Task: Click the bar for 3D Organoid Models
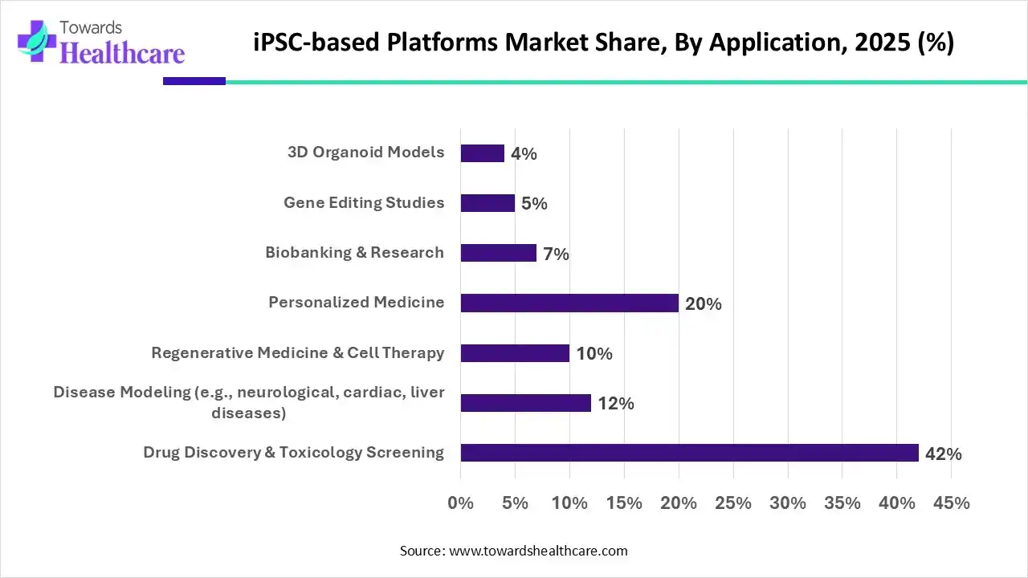(482, 153)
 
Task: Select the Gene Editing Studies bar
(487, 203)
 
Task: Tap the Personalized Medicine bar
(569, 303)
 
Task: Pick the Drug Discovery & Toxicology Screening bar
(689, 453)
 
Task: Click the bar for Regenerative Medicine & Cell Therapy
(515, 353)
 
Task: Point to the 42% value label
(943, 454)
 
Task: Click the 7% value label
(556, 254)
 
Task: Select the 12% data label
(615, 404)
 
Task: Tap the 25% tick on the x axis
(732, 503)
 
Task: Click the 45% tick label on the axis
(951, 503)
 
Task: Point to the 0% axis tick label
(460, 503)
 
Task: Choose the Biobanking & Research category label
(354, 253)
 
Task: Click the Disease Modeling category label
(249, 402)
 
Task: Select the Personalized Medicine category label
(356, 303)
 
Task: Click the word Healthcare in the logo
(122, 52)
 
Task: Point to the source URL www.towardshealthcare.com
(536, 551)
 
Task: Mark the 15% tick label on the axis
(624, 503)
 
